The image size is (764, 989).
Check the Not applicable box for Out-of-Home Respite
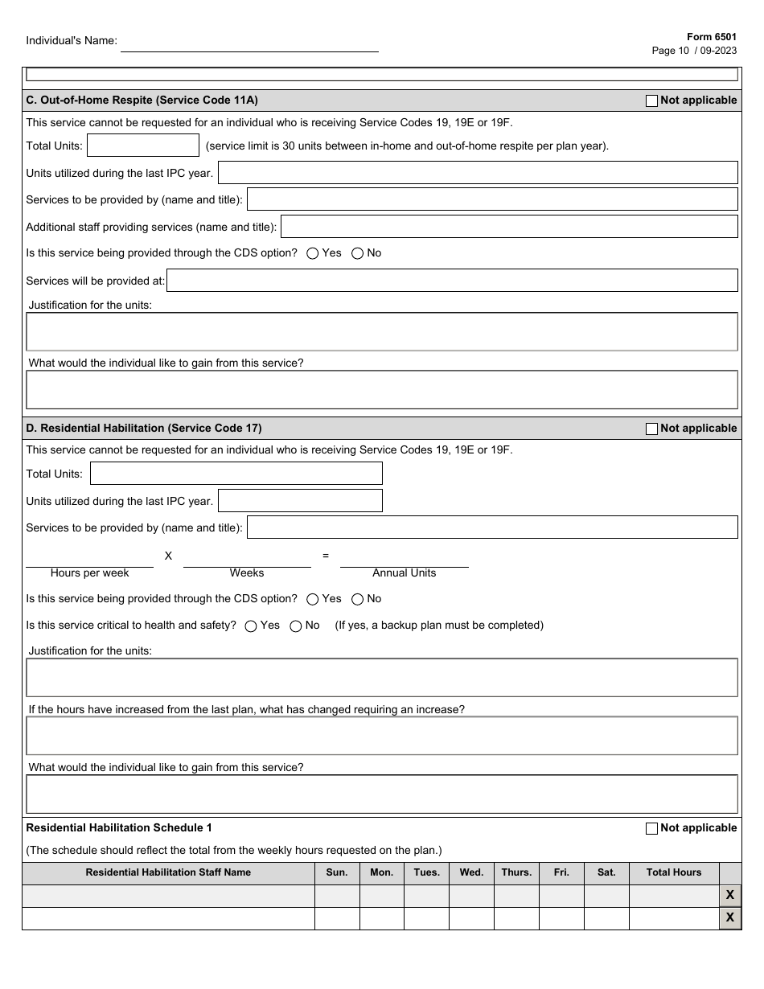click(651, 101)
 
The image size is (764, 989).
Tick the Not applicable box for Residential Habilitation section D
click(651, 429)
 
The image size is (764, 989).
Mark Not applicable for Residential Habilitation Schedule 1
click(651, 828)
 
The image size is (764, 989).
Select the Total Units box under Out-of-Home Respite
click(142, 146)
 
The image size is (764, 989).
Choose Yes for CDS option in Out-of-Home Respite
click(313, 253)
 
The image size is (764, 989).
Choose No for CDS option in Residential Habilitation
click(358, 599)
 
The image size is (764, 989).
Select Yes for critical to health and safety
click(251, 626)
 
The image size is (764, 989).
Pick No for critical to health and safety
click(296, 626)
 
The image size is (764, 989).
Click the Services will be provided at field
click(451, 281)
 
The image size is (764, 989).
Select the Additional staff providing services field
click(508, 227)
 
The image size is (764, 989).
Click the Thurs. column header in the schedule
click(516, 872)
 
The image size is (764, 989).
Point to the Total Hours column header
click(673, 872)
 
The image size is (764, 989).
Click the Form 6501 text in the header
click(711, 37)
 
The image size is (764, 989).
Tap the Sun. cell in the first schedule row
click(337, 896)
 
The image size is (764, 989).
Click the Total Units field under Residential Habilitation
click(236, 474)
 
